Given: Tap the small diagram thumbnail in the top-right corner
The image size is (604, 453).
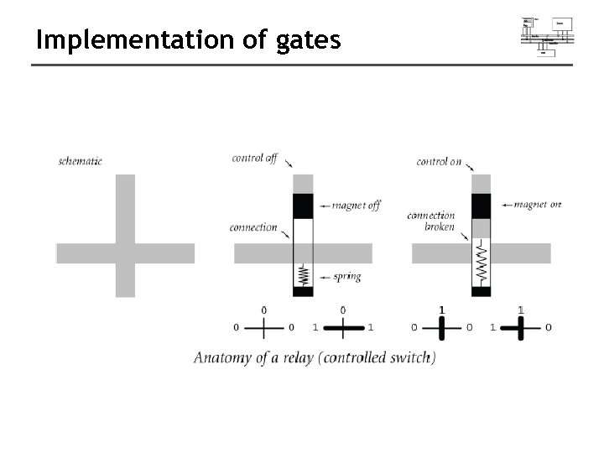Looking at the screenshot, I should point(547,35).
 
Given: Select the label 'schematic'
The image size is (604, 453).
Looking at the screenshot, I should point(81,161).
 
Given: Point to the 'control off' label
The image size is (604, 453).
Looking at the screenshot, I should point(254,159).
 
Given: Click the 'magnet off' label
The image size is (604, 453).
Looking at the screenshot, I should point(356,206).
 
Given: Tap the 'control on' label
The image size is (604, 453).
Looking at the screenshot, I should point(439,161).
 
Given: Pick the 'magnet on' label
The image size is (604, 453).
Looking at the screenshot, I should point(537,205).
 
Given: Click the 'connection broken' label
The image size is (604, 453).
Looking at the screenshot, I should point(431,221).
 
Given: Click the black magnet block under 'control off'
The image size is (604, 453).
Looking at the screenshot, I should point(303,206).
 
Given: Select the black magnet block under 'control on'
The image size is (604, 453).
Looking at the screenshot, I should point(481,206).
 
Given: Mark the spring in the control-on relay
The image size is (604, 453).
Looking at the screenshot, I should point(481,264).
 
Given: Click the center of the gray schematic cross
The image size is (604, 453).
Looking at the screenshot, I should point(125,253).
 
